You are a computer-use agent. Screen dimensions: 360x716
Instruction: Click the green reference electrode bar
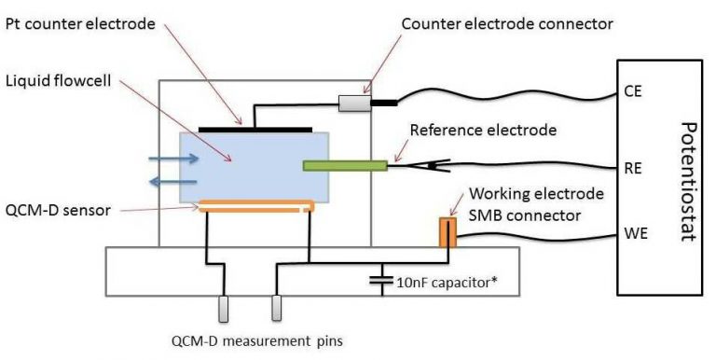tap(345, 165)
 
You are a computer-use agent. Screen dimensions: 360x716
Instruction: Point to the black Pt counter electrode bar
tap(254, 127)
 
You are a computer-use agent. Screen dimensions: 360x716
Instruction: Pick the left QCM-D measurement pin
tap(223, 309)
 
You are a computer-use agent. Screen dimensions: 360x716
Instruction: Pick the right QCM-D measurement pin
tap(276, 309)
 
